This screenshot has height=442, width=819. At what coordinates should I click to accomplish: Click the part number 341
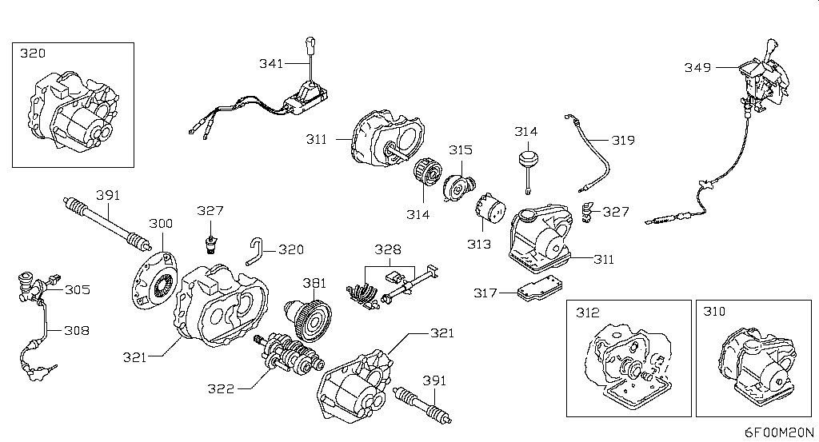click(270, 63)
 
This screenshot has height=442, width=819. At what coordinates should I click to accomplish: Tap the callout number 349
click(697, 68)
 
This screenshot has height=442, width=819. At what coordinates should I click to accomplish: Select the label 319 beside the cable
click(623, 140)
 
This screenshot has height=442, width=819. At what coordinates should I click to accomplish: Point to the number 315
click(460, 149)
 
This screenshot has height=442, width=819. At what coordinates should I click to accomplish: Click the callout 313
click(479, 244)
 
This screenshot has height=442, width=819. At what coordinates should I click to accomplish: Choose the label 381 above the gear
click(314, 282)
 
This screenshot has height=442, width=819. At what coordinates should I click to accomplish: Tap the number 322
click(221, 389)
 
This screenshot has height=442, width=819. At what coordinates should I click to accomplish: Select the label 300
click(160, 225)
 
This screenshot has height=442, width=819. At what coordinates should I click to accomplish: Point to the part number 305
click(78, 290)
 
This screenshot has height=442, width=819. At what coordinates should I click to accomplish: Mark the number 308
click(77, 329)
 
